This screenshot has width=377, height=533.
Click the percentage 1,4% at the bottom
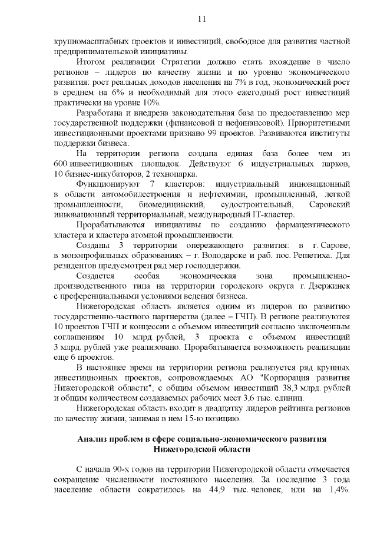coord(339,491)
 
